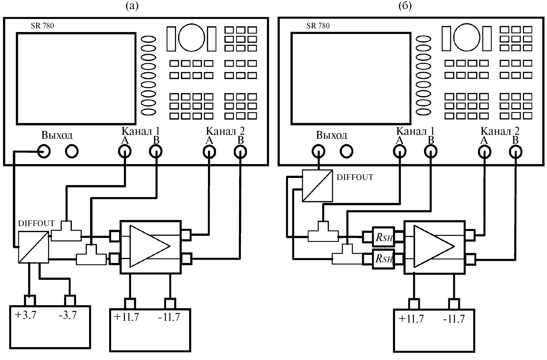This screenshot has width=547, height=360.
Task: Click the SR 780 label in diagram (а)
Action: click(42, 26)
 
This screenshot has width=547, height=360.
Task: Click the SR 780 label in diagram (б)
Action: click(318, 26)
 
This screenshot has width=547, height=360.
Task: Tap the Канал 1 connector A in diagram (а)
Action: click(125, 152)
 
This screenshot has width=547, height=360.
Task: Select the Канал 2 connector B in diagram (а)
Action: click(240, 152)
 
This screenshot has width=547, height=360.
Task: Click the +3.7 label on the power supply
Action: click(25, 315)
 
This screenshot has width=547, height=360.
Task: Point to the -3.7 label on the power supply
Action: click(68, 315)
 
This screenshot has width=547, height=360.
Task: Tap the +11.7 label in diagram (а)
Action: click(126, 317)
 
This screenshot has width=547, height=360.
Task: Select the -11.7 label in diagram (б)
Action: click(454, 319)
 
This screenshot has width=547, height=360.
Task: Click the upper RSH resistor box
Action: click(384, 238)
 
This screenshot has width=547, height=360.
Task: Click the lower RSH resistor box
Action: click(384, 258)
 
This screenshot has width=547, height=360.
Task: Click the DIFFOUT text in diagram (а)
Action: click(36, 223)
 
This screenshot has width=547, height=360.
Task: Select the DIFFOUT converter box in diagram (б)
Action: click(317, 186)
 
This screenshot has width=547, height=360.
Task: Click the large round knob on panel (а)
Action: click(192, 38)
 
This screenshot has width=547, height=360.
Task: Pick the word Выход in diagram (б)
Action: click(332, 135)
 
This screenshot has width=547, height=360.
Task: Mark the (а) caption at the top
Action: click(132, 6)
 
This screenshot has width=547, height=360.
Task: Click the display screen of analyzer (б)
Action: click(351, 78)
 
